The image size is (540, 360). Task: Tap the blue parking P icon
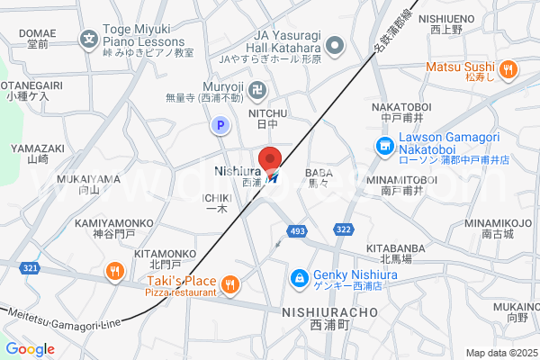tap(218, 127)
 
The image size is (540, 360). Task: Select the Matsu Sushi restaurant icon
tap(508, 67)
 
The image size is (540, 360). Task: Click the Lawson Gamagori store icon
tap(384, 145)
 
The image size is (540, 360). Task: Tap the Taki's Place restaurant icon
tap(230, 285)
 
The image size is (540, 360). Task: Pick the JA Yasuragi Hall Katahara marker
tap(336, 44)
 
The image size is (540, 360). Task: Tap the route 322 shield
tap(343, 230)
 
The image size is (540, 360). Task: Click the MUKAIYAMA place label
tap(88, 178)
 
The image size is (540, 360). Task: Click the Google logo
tap(30, 349)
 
